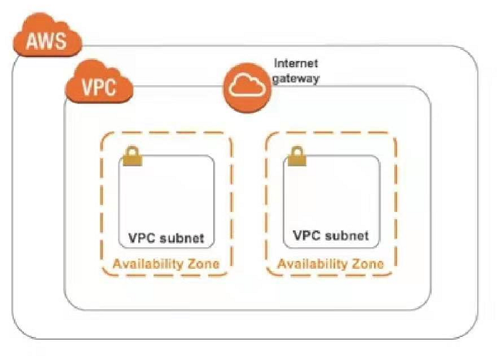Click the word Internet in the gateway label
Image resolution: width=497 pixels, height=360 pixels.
coord(296,64)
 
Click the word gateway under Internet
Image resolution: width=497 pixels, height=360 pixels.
coord(295,79)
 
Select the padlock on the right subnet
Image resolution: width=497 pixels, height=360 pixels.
coord(297,157)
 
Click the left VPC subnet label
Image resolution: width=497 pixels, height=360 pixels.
coord(166,238)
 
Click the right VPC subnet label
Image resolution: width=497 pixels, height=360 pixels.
coord(331,236)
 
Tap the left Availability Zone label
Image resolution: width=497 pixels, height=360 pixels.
coord(166,263)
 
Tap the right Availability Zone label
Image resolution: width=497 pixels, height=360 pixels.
coord(331,263)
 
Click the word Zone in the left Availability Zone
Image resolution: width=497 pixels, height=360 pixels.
coord(203,263)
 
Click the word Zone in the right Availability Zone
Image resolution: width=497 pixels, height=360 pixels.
coord(368,263)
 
